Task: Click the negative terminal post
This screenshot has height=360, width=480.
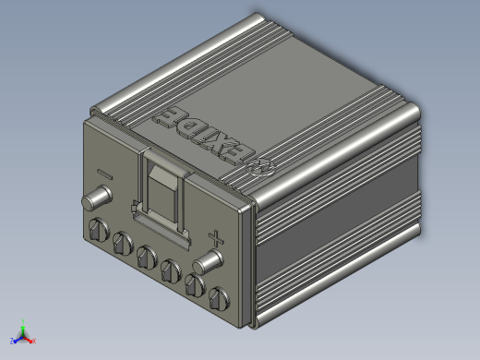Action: pos(97,198)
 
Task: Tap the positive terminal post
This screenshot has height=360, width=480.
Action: pos(208,262)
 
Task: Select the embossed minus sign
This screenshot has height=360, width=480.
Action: pos(105,174)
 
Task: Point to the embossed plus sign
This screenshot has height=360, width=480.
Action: pos(216,239)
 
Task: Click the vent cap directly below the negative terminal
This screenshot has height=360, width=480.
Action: pos(99,229)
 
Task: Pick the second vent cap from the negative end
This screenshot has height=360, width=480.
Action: pos(123,243)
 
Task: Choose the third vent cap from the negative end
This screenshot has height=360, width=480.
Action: pos(147,257)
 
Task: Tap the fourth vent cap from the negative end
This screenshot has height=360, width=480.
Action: pos(171,270)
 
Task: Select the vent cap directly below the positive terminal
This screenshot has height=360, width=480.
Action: pos(195,285)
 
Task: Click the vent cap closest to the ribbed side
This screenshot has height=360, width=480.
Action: pos(219,299)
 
